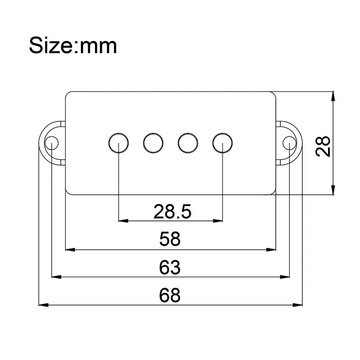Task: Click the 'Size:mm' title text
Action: [x=73, y=46]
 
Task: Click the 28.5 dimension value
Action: [x=172, y=211]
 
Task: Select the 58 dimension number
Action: [x=170, y=239]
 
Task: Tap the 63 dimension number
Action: [x=170, y=267]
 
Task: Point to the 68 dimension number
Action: [x=170, y=295]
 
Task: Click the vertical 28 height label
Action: [x=323, y=147]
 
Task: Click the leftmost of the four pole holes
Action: [x=118, y=143]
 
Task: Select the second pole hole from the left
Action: [x=153, y=143]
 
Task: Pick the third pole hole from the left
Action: [x=188, y=143]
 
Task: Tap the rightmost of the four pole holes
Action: [x=222, y=143]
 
